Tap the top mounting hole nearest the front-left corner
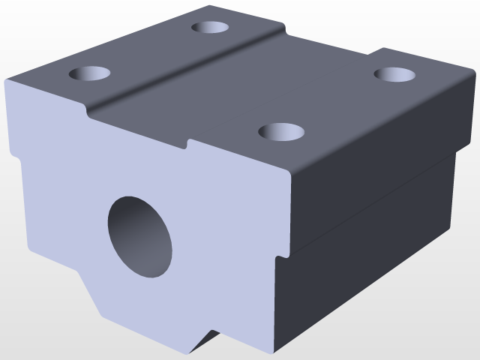[x=90, y=73]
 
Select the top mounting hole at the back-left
[x=210, y=28]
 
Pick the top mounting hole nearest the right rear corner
[x=395, y=74]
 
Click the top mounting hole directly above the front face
[x=281, y=133]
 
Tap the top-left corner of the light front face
[x=7, y=80]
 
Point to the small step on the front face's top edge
[x=187, y=143]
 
